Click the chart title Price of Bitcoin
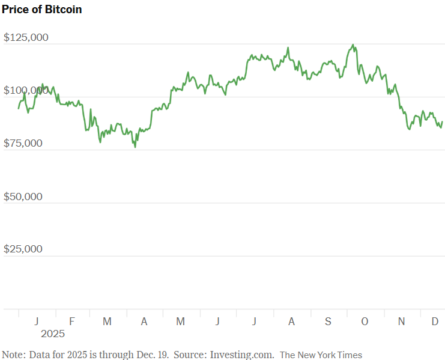point(42,10)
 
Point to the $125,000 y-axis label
point(26,38)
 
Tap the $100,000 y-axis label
point(26,91)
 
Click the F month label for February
point(71,322)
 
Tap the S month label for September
point(328,322)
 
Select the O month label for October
point(365,322)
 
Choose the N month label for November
point(401,322)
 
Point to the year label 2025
point(52,334)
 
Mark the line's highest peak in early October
point(353,44)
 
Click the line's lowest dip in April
point(135,147)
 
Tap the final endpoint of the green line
point(443,122)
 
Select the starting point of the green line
point(19,108)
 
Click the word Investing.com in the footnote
point(242,355)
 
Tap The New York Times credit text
point(321,355)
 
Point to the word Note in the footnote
point(13,355)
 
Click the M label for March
point(107,322)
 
